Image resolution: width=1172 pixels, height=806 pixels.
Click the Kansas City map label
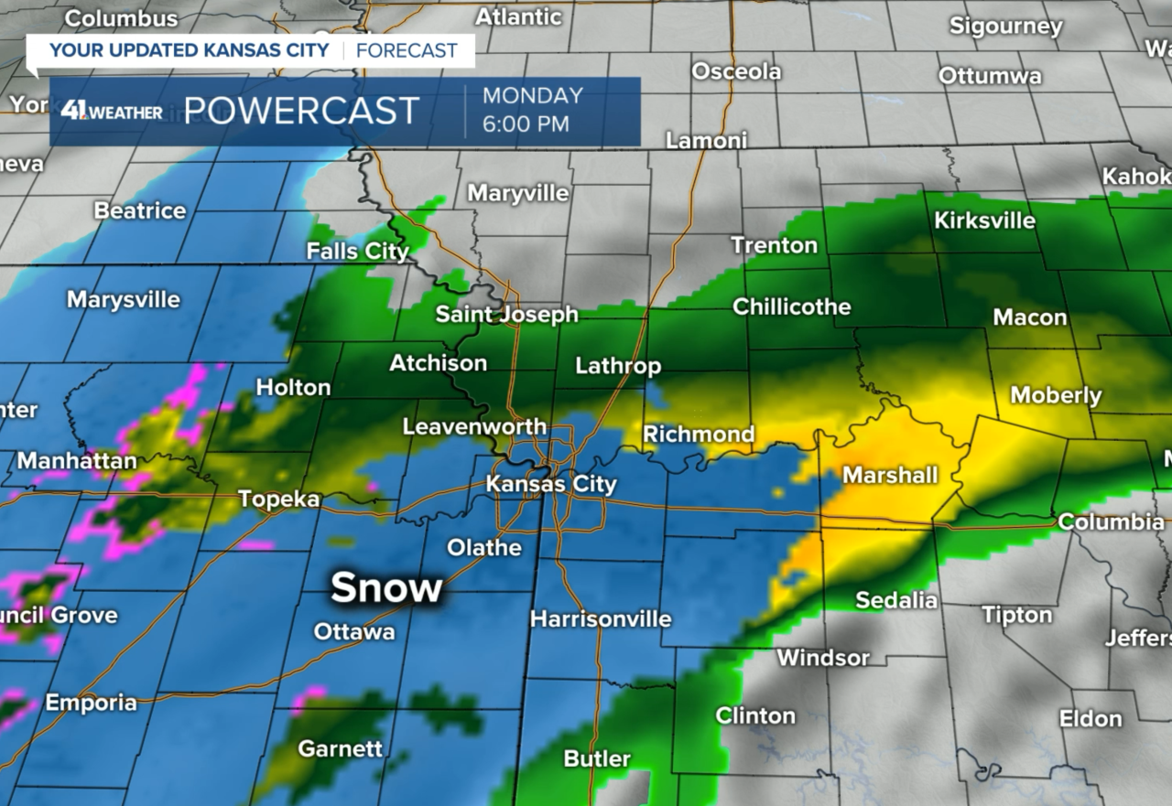tap(551, 484)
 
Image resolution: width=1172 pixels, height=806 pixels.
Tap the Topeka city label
tap(279, 499)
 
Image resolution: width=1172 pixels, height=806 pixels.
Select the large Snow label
tap(386, 587)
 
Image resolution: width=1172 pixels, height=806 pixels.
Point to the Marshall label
tap(890, 475)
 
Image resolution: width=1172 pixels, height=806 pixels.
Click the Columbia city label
tap(1111, 521)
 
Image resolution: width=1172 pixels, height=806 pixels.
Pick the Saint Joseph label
tap(506, 315)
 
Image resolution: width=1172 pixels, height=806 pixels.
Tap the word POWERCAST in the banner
tap(301, 111)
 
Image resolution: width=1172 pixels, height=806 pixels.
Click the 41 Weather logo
tap(112, 112)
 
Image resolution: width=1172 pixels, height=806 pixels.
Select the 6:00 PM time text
tap(526, 124)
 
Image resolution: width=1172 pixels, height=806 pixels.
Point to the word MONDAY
tap(533, 95)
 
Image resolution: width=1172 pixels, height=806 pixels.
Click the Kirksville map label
tap(984, 220)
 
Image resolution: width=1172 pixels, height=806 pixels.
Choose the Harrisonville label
tap(601, 618)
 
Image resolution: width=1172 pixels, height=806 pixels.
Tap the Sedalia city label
tap(896, 600)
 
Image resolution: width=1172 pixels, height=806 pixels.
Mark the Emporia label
tap(91, 703)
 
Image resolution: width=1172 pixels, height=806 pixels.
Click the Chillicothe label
tap(791, 306)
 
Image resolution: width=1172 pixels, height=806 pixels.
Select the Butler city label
tap(597, 758)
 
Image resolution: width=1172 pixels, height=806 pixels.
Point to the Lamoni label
tap(706, 141)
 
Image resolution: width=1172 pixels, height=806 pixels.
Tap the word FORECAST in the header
tap(407, 49)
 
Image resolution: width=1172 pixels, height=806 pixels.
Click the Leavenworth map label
tap(474, 426)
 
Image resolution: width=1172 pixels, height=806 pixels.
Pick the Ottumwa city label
tap(990, 76)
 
